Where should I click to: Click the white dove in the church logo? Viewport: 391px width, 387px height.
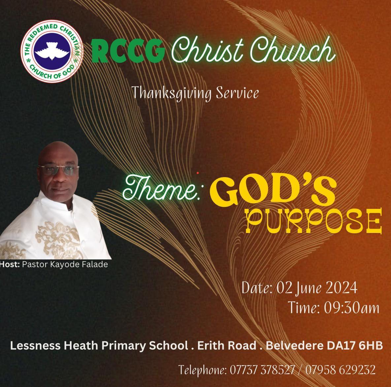(x=51, y=51)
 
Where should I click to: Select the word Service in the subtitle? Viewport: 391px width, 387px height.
(x=237, y=93)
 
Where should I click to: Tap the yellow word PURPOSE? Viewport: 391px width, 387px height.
(x=314, y=221)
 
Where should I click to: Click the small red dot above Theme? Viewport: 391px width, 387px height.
(x=198, y=173)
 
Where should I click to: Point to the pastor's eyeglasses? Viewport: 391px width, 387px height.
(x=58, y=170)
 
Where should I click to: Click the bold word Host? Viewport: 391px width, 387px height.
(x=10, y=264)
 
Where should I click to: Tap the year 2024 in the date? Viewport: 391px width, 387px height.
(x=341, y=288)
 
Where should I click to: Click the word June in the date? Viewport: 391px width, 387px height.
(x=309, y=289)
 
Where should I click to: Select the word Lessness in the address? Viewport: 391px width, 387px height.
(x=35, y=346)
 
